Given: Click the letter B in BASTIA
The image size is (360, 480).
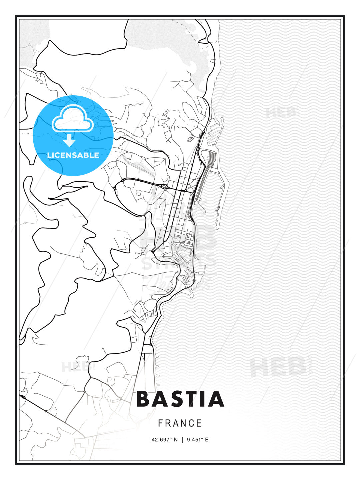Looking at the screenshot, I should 144,399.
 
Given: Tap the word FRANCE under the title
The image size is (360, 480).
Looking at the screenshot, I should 180,423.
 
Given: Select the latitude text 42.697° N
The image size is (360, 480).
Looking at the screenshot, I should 165,440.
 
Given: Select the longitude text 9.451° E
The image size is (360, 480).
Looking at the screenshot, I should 197,440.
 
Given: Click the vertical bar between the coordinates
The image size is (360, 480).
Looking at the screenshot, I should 182,440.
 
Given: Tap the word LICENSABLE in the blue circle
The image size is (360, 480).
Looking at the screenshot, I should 73,155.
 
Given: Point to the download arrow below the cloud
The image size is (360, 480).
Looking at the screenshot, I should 69,140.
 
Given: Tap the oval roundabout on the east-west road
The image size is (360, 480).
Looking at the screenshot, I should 164,186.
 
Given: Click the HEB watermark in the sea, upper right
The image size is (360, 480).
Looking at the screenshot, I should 281,112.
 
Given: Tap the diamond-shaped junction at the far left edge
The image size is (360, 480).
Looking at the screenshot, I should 23,397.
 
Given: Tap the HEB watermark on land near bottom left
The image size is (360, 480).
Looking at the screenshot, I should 75,367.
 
